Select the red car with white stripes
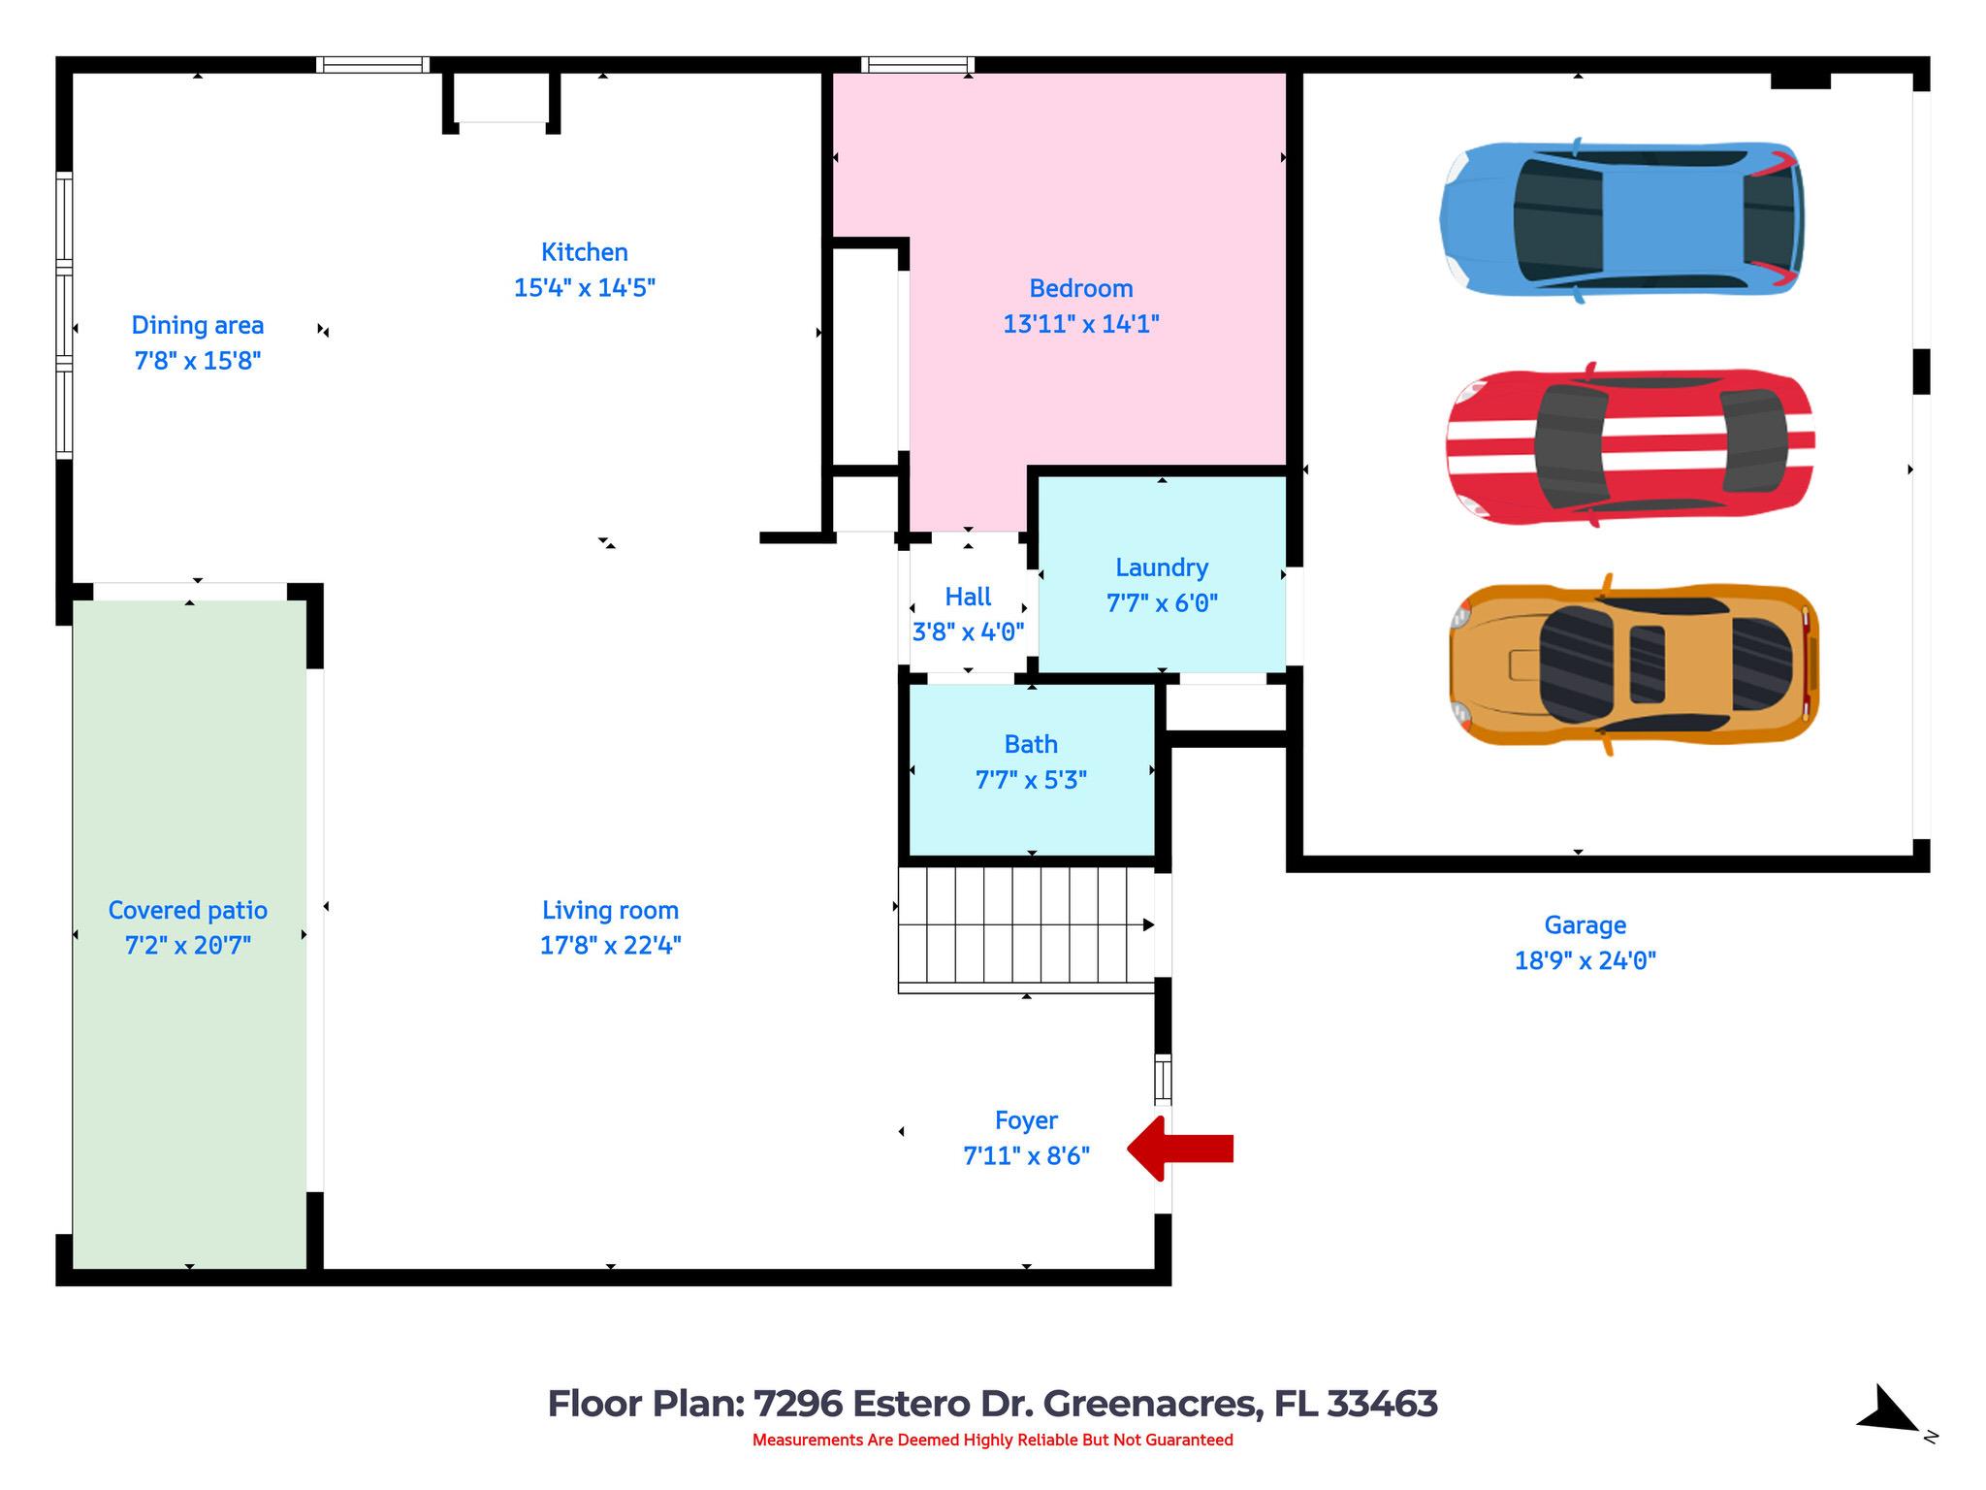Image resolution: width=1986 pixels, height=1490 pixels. [x=1629, y=446]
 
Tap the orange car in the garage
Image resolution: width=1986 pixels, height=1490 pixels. [x=1633, y=664]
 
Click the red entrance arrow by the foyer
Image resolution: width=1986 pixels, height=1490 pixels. [x=1180, y=1149]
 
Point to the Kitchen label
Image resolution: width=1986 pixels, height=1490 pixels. [x=584, y=252]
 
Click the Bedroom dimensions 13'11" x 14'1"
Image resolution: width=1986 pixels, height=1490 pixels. [x=1080, y=324]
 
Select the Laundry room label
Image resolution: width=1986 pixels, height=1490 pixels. [x=1161, y=567]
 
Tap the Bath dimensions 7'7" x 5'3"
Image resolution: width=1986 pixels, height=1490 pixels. [x=1030, y=780]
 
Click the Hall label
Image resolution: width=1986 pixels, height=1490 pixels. [x=968, y=597]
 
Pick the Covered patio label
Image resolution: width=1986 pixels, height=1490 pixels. [x=187, y=910]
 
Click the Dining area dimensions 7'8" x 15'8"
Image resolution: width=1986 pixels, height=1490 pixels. [x=197, y=361]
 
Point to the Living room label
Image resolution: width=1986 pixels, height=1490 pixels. [x=610, y=910]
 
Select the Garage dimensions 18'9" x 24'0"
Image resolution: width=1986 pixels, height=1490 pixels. [x=1585, y=960]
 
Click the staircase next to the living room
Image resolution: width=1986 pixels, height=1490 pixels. [x=1026, y=927]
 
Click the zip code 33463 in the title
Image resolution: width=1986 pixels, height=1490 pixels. [x=1381, y=1404]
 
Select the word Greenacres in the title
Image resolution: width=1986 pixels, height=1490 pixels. [x=1152, y=1404]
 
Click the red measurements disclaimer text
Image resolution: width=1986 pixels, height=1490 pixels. [x=992, y=1440]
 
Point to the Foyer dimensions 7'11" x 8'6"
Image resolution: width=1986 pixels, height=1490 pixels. [x=1026, y=1156]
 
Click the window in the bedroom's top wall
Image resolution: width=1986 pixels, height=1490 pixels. [x=917, y=65]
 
